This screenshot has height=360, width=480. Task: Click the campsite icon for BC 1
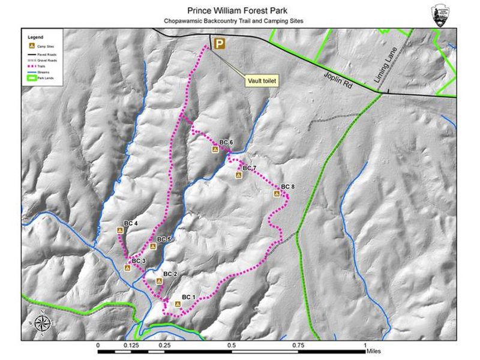(178, 305)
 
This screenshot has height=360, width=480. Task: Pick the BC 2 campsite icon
(160, 281)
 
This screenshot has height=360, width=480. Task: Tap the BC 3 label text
(139, 261)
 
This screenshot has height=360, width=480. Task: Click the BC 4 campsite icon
(120, 230)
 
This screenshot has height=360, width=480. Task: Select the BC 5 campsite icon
(152, 246)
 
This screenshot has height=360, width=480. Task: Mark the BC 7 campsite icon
(238, 175)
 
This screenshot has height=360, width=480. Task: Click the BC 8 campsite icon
(277, 194)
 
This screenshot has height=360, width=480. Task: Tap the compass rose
(42, 324)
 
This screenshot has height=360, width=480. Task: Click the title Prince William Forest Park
(237, 10)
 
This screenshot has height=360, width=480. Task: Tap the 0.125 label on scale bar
(131, 346)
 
